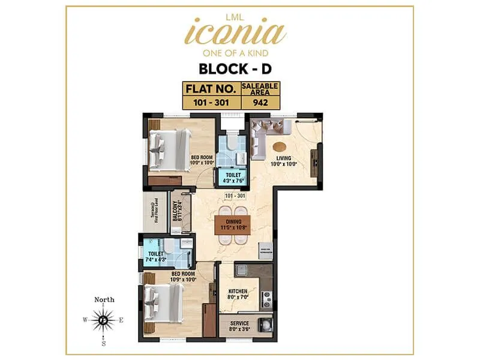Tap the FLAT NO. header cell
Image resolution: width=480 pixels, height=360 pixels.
pyautogui.click(x=211, y=89)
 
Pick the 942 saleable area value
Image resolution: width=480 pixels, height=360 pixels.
pyautogui.click(x=260, y=102)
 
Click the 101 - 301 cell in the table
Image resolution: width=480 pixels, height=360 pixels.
pyautogui.click(x=211, y=102)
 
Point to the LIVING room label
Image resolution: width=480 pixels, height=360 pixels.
pyautogui.click(x=280, y=159)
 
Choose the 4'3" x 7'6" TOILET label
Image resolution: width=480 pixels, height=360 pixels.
pyautogui.click(x=230, y=178)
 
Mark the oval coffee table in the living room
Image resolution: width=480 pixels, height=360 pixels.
pyautogui.click(x=280, y=146)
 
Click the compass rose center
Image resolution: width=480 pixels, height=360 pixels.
pyautogui.click(x=104, y=320)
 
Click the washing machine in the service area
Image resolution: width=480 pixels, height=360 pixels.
pyautogui.click(x=265, y=325)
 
